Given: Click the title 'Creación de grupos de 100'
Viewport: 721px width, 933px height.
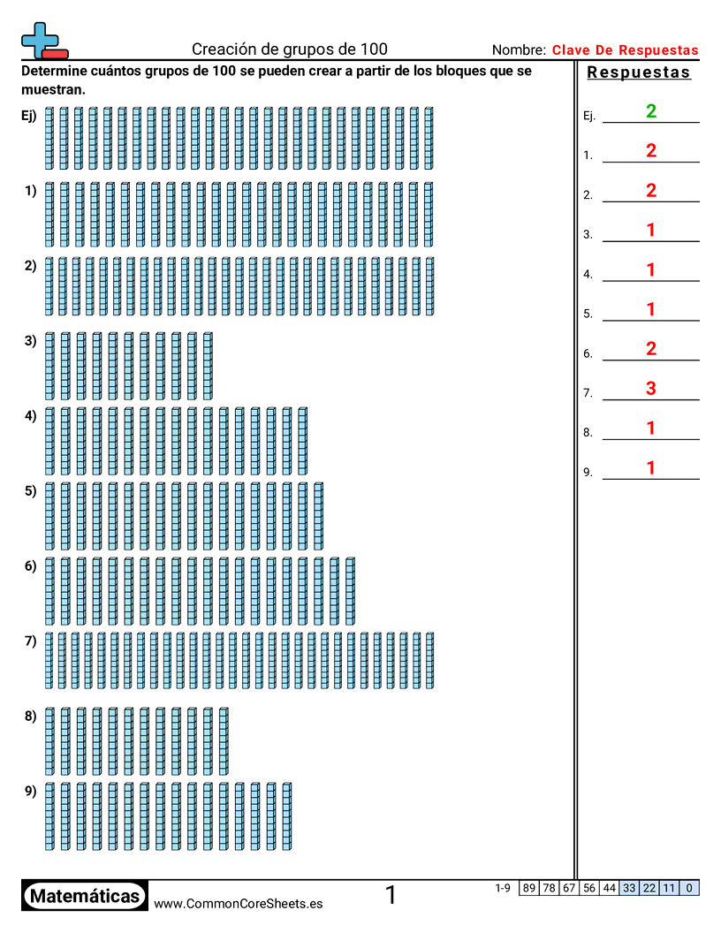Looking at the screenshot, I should pyautogui.click(x=290, y=49).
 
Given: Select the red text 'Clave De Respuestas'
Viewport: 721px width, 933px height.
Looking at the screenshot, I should pyautogui.click(x=625, y=50).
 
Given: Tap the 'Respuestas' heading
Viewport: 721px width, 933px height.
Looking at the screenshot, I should pyautogui.click(x=639, y=73).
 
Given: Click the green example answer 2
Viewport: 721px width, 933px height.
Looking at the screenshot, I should pyautogui.click(x=651, y=111).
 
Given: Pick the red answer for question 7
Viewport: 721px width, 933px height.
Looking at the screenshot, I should pyautogui.click(x=651, y=389).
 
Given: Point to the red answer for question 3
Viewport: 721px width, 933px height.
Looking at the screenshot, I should pyautogui.click(x=651, y=231).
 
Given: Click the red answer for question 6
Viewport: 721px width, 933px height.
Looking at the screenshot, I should pyautogui.click(x=651, y=349).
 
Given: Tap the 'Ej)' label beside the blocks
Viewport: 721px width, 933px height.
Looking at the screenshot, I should pyautogui.click(x=29, y=115).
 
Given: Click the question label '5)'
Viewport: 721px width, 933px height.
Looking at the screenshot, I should pyautogui.click(x=30, y=490).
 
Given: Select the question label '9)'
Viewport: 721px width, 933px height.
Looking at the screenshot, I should pyautogui.click(x=30, y=791).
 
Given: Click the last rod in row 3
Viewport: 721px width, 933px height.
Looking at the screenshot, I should pyautogui.click(x=208, y=366).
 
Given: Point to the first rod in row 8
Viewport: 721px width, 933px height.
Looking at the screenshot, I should pyautogui.click(x=49, y=740).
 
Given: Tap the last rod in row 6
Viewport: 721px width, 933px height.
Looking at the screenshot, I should pyautogui.click(x=350, y=590).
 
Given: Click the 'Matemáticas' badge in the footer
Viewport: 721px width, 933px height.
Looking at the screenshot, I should pyautogui.click(x=85, y=897).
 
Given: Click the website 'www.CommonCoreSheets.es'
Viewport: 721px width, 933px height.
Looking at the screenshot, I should pyautogui.click(x=238, y=903).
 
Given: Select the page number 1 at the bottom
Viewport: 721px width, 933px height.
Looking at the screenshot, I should pyautogui.click(x=391, y=896).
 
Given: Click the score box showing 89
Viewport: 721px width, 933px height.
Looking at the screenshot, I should pyautogui.click(x=528, y=888).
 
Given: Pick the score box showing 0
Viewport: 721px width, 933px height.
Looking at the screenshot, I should pyautogui.click(x=689, y=888).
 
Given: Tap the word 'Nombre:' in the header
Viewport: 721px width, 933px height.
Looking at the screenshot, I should pyautogui.click(x=519, y=50).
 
